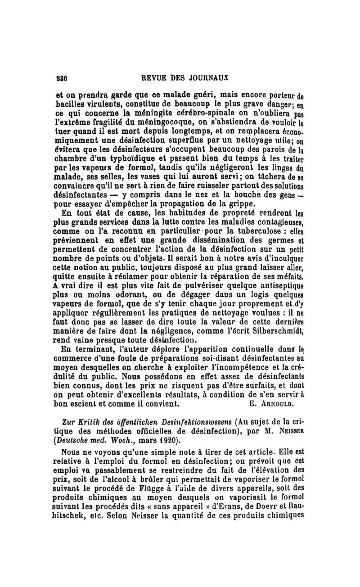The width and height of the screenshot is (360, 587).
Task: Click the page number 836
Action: click(x=61, y=77)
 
